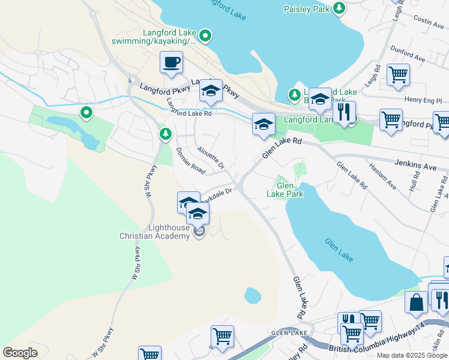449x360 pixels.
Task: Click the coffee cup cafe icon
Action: [x=172, y=62]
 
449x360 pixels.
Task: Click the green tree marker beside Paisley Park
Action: [x=340, y=8]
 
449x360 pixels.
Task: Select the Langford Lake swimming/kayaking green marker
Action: [x=205, y=36]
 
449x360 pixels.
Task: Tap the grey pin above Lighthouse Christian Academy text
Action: [x=200, y=232]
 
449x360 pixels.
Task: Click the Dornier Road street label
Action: [x=190, y=162]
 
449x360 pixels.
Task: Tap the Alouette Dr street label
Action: [x=210, y=157]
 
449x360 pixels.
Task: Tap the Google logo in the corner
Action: [x=20, y=353]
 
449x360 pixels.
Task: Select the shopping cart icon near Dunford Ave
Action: [x=398, y=74]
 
